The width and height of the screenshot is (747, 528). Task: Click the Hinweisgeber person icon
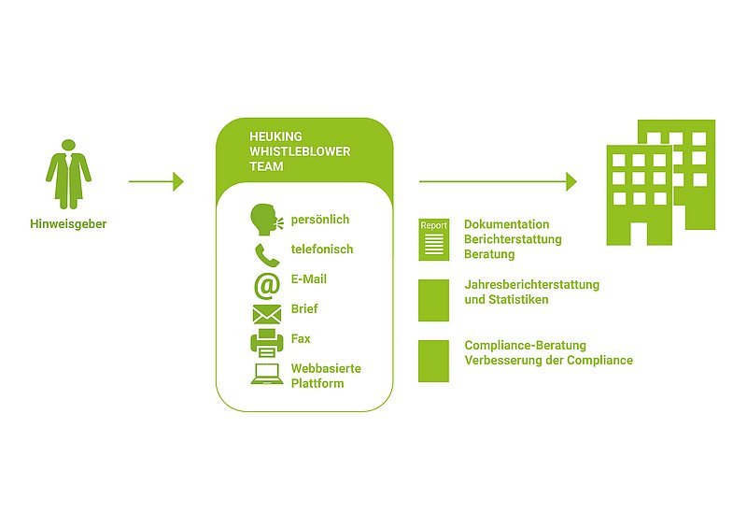tap(69, 174)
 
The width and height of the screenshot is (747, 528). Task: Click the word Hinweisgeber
tap(68, 224)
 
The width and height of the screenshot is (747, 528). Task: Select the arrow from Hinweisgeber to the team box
tap(156, 181)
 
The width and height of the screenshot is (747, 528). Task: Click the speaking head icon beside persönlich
tap(265, 221)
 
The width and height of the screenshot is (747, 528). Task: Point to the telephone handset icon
tap(265, 253)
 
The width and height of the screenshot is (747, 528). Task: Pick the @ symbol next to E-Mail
tap(266, 283)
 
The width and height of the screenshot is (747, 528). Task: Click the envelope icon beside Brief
tap(266, 314)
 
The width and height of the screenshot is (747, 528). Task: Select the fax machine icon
tap(266, 342)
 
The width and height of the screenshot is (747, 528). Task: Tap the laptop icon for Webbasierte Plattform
tap(266, 375)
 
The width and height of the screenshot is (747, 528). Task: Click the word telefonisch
tap(321, 250)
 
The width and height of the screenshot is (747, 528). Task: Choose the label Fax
tap(301, 338)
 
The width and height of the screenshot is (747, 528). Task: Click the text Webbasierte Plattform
tap(325, 376)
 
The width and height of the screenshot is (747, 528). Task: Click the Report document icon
tap(433, 239)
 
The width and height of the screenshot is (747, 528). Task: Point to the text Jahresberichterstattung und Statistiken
tap(531, 292)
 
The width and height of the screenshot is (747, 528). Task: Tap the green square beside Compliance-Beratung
tap(433, 360)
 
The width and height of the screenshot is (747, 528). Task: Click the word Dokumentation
tap(506, 224)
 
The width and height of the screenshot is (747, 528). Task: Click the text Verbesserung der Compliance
tap(548, 360)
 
